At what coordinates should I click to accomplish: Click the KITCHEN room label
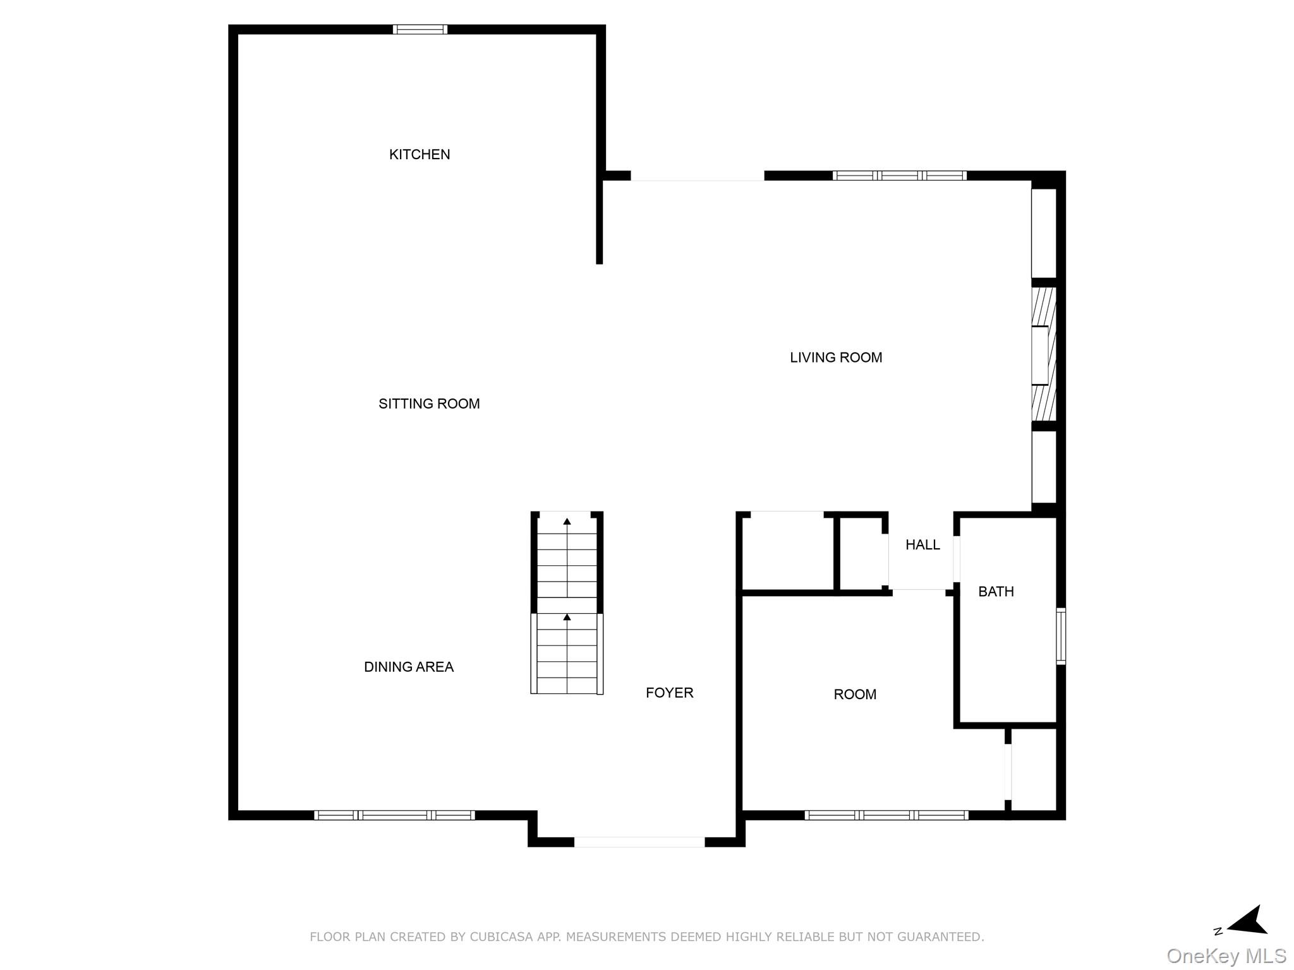pyautogui.click(x=420, y=155)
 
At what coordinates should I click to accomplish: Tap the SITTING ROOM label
pyautogui.click(x=429, y=404)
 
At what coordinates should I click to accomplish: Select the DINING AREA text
pyautogui.click(x=409, y=667)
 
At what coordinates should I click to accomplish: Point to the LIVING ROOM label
pyautogui.click(x=836, y=358)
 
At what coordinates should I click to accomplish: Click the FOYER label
pyautogui.click(x=669, y=693)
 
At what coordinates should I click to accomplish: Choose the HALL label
pyautogui.click(x=922, y=545)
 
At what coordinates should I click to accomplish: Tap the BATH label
pyautogui.click(x=996, y=592)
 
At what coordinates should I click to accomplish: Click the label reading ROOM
pyautogui.click(x=855, y=695)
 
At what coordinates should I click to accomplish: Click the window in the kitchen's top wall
pyautogui.click(x=420, y=30)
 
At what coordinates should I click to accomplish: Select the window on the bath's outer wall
pyautogui.click(x=1061, y=636)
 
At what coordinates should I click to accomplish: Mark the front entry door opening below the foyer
pyautogui.click(x=639, y=842)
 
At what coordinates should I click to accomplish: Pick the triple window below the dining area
pyautogui.click(x=394, y=815)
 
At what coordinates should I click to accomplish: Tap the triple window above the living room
pyautogui.click(x=899, y=176)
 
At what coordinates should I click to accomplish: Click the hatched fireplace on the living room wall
pyautogui.click(x=1043, y=354)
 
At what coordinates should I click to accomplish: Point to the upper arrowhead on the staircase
pyautogui.click(x=567, y=522)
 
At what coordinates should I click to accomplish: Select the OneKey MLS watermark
pyautogui.click(x=1226, y=956)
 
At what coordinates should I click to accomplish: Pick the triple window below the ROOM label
pyautogui.click(x=886, y=815)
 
